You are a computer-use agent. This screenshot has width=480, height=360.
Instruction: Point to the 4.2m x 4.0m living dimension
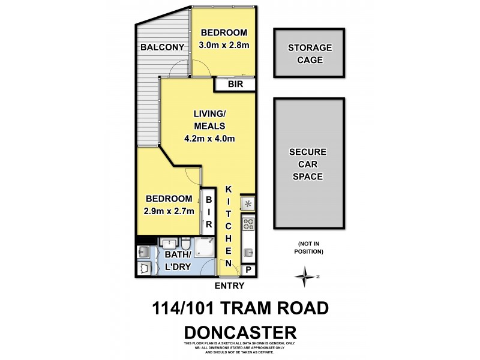tap(209, 139)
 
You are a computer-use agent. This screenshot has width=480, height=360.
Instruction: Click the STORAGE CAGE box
tap(309, 53)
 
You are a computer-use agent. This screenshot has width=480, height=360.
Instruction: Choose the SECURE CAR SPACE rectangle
tap(309, 164)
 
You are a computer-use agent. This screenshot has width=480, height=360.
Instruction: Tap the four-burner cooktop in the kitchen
tap(248, 226)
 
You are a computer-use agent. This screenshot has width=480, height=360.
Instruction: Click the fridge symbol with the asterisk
tap(248, 204)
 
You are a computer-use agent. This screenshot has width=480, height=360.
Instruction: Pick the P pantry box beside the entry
tap(248, 271)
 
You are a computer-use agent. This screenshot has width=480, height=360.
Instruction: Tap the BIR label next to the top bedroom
tap(235, 85)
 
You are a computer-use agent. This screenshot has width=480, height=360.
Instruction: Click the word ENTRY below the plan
tap(229, 286)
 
